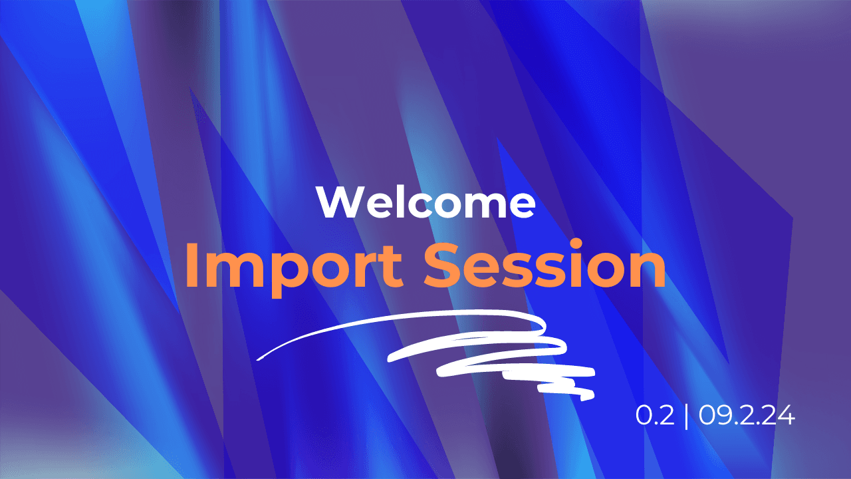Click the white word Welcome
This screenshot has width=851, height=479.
(425, 203)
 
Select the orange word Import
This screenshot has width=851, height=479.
(293, 266)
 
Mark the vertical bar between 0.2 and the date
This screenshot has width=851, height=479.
(686, 416)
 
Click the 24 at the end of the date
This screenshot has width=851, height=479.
(781, 416)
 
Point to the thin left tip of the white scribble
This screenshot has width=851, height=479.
(259, 357)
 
